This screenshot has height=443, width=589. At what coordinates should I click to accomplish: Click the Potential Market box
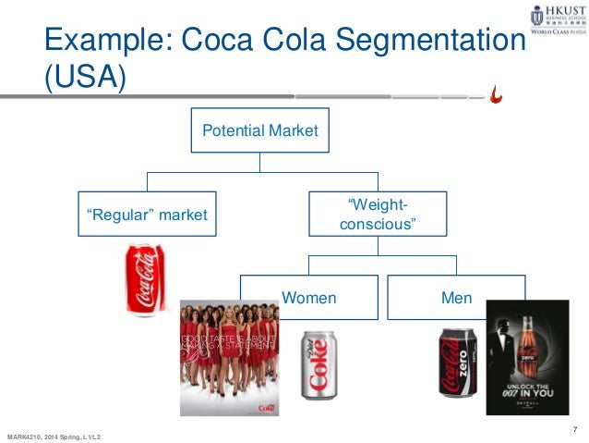click(259, 131)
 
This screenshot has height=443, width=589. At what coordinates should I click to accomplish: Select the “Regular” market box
click(147, 215)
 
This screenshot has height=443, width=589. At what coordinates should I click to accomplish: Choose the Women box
click(308, 299)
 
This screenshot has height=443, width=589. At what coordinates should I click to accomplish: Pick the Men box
click(456, 299)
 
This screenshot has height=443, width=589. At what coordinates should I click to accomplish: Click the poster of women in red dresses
click(231, 356)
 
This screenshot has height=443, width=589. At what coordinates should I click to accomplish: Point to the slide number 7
click(575, 427)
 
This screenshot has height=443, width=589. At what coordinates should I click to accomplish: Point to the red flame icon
click(498, 93)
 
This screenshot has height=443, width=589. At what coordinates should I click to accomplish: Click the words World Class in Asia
click(558, 41)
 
